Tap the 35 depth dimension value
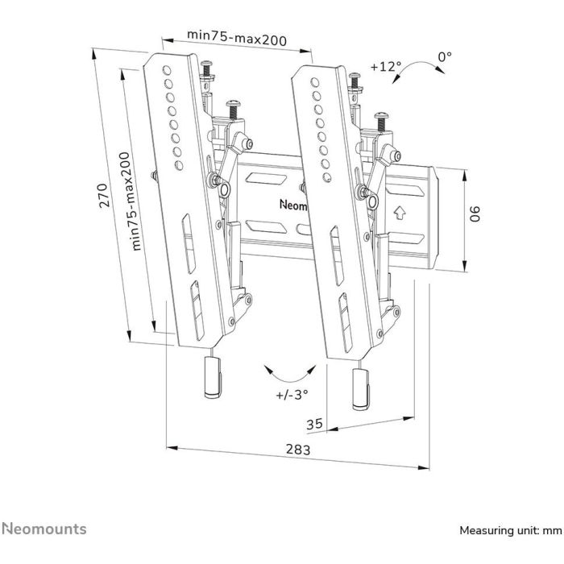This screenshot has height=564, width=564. click(315, 423)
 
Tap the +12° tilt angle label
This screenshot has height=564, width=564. click(386, 66)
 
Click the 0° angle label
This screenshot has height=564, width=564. click(445, 56)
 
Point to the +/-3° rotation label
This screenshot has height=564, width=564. click(292, 396)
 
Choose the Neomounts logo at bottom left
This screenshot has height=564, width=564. click(44, 529)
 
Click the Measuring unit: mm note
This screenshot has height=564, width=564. click(509, 531)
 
